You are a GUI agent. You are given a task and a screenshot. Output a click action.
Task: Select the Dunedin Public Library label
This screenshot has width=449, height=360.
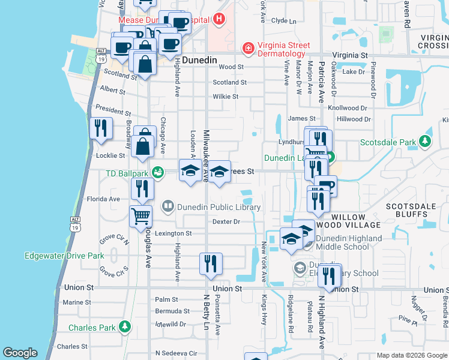[220, 208]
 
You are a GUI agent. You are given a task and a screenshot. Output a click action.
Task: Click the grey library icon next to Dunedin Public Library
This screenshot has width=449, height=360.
[168, 207]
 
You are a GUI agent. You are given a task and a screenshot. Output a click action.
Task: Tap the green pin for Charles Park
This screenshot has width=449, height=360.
[124, 327]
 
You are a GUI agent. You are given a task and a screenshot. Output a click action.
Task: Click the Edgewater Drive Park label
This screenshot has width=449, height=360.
[64, 256]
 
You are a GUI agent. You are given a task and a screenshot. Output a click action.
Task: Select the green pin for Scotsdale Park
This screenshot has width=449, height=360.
[426, 142]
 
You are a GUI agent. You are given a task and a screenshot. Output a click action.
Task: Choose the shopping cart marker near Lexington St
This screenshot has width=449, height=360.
[140, 216]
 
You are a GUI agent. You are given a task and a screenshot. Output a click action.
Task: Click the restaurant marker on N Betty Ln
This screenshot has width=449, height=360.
[211, 263]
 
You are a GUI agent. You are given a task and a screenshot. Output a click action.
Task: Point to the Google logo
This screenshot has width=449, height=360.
[20, 353]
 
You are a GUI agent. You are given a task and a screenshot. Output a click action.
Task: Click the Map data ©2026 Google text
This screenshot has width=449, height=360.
[411, 355]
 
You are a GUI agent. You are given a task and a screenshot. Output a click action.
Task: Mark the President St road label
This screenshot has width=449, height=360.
[112, 112]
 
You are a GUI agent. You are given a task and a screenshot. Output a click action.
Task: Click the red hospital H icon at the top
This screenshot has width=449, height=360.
[219, 19]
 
